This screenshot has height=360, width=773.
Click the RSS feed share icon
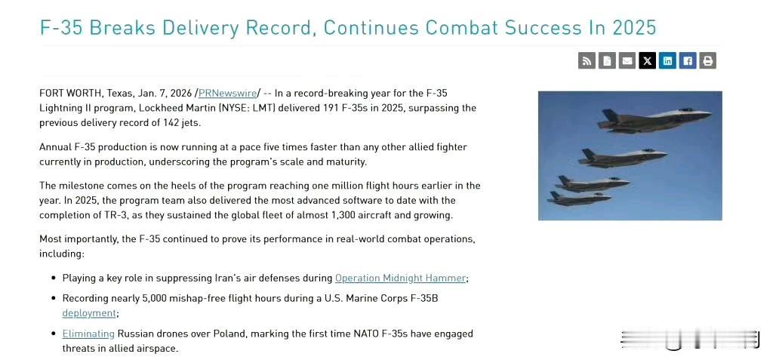(587, 60)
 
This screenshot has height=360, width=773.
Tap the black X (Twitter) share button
(647, 60)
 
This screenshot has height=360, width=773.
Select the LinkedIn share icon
(667, 60)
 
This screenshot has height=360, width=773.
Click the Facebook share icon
(688, 60)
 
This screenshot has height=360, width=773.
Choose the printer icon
(708, 60)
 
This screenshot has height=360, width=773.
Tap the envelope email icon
(627, 60)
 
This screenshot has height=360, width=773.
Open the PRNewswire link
(228, 93)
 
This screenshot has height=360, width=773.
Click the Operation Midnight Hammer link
(400, 278)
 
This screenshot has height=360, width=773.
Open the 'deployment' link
(89, 313)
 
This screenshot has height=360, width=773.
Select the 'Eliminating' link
(88, 334)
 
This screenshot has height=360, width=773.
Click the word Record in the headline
(279, 28)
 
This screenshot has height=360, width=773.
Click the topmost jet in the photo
(654, 120)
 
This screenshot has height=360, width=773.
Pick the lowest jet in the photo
(579, 198)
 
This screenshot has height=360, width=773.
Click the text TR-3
(126, 215)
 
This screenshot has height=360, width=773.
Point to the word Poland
(229, 334)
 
